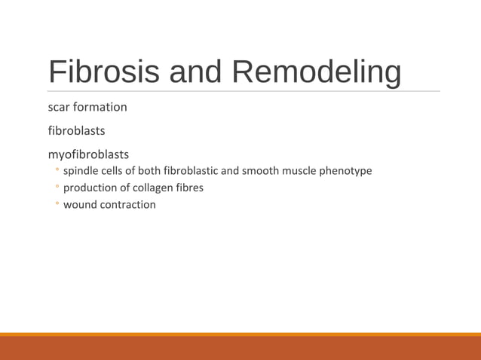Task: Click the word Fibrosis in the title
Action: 103,72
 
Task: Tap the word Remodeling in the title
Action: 316,72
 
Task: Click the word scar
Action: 60,107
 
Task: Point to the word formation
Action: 101,107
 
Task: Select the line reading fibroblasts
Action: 76,131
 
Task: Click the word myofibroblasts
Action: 88,154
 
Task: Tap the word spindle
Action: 81,171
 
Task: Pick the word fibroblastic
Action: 191,171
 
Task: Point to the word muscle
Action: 299,171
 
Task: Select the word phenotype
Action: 346,171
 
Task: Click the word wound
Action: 79,204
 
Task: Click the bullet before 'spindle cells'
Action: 57,172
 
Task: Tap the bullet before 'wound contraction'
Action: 57,205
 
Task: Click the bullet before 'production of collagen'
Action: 57,188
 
